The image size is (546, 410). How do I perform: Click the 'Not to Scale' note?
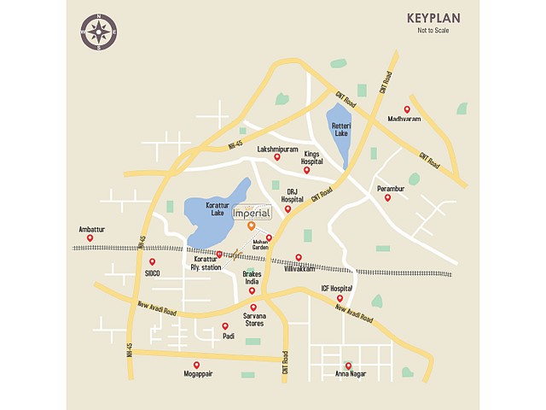(433, 31)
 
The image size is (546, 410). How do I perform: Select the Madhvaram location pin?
(407, 109)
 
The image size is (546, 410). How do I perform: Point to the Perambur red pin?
(387, 197)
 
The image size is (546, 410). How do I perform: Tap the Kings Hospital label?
(311, 157)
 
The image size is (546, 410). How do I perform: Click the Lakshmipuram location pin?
(276, 157)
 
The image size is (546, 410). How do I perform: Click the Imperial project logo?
(252, 212)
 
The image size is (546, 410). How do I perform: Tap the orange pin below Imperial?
(251, 225)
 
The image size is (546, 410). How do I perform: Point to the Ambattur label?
(91, 229)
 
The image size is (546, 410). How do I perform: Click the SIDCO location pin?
(153, 262)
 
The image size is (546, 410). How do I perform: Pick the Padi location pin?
(225, 325)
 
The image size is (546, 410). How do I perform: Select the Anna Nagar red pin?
(348, 366)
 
